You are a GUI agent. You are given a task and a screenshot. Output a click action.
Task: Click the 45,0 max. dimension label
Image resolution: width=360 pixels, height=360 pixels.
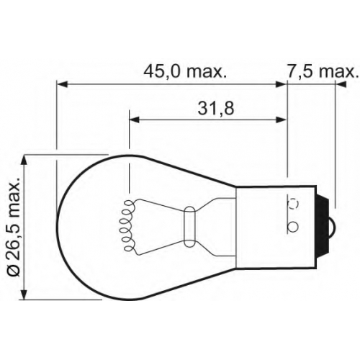pos(185,72)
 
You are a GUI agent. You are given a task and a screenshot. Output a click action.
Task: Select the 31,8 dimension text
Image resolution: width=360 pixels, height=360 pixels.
pos(216,109)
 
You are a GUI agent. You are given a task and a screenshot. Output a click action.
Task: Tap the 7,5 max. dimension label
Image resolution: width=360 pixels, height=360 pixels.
pos(321,72)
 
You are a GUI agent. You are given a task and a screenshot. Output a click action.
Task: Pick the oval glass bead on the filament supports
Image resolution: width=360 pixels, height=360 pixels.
pos(189,227)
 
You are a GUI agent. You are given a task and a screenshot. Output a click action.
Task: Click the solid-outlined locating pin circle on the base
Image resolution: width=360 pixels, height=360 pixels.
pos(293,226)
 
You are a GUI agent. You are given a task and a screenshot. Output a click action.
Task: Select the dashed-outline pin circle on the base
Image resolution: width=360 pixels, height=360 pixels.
pos(293,204)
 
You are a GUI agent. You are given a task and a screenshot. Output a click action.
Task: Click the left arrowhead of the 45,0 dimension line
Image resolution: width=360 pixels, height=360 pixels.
pos(61,84)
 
